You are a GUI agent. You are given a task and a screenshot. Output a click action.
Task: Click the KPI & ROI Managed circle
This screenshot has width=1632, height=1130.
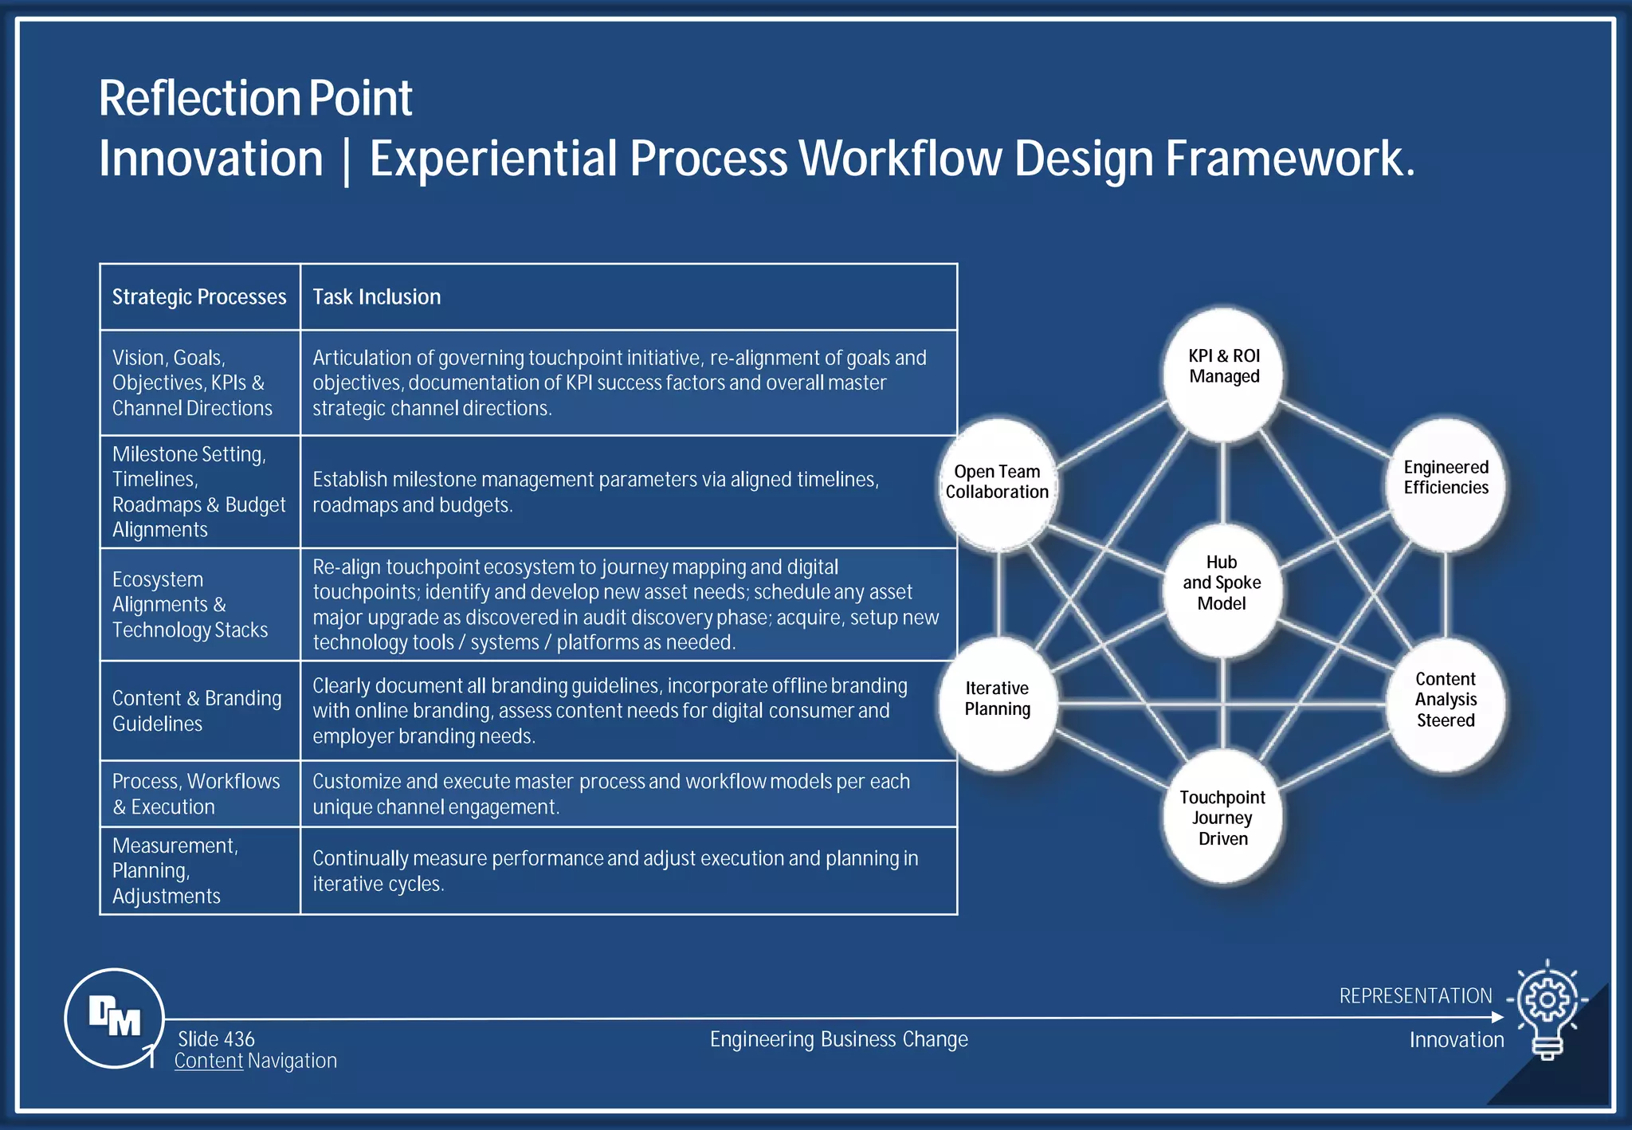(1223, 375)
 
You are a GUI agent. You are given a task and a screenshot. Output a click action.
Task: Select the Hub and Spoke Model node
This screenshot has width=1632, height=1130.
(1222, 590)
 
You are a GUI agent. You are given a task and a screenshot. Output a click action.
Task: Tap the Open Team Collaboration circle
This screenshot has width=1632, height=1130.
(997, 483)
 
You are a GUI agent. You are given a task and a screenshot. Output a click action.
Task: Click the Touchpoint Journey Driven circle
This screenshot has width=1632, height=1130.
(1222, 816)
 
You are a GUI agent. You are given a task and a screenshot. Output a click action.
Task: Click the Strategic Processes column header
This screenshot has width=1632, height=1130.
(199, 297)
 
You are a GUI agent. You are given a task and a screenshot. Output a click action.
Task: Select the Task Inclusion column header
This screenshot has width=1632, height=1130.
(376, 297)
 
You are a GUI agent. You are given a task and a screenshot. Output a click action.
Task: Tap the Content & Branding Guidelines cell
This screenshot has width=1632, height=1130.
(197, 711)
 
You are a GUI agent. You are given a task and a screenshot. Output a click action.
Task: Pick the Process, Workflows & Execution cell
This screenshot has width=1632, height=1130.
(196, 794)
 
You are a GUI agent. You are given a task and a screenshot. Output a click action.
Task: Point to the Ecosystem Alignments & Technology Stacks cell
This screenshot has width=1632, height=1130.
(190, 604)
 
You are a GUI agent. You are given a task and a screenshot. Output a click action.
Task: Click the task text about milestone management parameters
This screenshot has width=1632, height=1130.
(595, 492)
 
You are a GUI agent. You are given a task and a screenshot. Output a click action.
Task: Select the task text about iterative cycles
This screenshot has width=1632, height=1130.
(614, 871)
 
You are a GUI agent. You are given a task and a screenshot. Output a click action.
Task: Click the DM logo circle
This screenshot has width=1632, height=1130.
(114, 1018)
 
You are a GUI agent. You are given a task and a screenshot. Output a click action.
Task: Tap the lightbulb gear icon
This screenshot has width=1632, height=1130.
(1547, 1008)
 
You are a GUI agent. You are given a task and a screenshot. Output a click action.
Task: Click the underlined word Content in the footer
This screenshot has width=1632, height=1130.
(209, 1061)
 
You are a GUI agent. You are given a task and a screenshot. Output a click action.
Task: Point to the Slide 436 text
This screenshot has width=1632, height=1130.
(216, 1039)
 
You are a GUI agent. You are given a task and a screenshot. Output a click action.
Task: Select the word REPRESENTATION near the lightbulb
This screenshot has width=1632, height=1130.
(1415, 996)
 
